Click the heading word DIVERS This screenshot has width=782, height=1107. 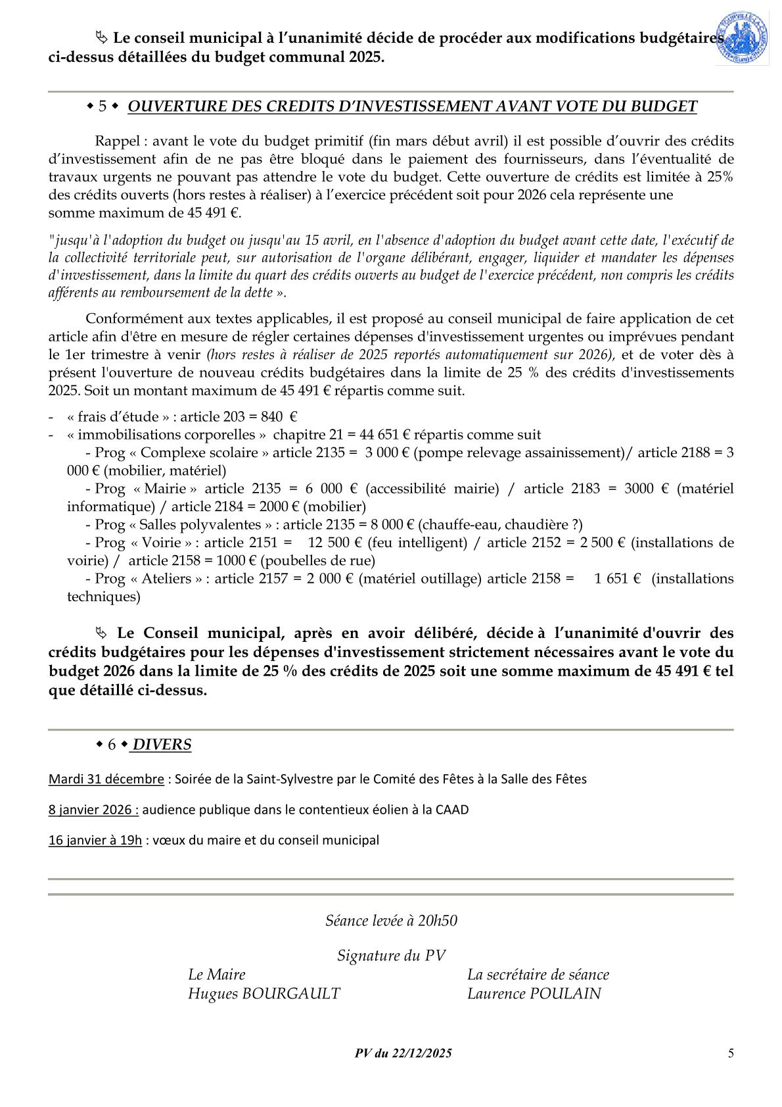[x=162, y=745]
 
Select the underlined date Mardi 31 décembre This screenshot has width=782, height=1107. [x=106, y=779]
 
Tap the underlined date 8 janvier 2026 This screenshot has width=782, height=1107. [x=93, y=809]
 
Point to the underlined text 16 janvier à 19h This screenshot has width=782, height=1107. [x=95, y=840]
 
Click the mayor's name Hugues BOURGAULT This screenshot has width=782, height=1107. [x=264, y=993]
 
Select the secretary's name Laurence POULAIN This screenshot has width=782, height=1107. [x=534, y=993]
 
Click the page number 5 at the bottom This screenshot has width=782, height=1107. [x=731, y=1053]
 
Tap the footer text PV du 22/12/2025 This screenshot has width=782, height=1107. [x=403, y=1053]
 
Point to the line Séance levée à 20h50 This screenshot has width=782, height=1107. [x=391, y=920]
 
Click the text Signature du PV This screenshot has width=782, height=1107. [x=391, y=956]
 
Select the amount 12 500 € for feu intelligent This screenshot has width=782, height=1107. [x=334, y=543]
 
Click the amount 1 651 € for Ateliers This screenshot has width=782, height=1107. [x=617, y=579]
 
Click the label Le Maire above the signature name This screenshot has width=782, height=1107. [x=216, y=974]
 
